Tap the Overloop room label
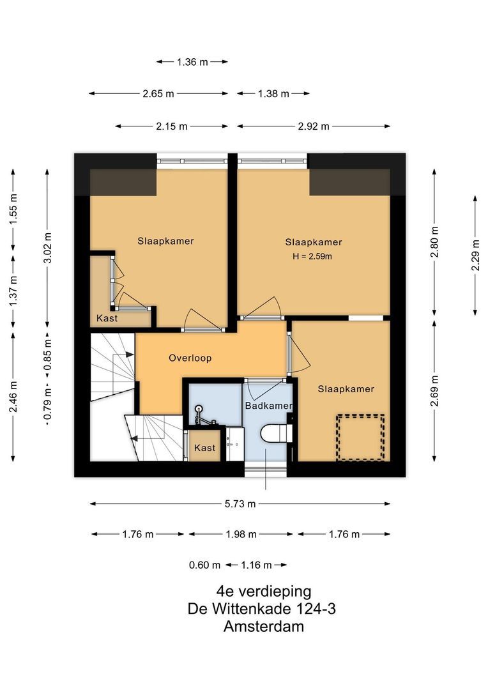pyautogui.click(x=190, y=358)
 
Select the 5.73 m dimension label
pyautogui.click(x=240, y=504)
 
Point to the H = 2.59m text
pyautogui.click(x=313, y=257)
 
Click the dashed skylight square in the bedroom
pyautogui.click(x=360, y=438)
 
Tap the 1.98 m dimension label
pyautogui.click(x=240, y=534)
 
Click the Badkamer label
pyautogui.click(x=268, y=406)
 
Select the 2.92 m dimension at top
pyautogui.click(x=313, y=126)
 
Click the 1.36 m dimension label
pyautogui.click(x=192, y=62)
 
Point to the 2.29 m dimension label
pyautogui.click(x=475, y=255)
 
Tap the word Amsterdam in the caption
pyautogui.click(x=263, y=627)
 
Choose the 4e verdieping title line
pyautogui.click(x=263, y=591)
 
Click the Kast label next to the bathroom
pyautogui.click(x=205, y=448)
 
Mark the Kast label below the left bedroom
pyautogui.click(x=107, y=318)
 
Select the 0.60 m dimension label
pyautogui.click(x=204, y=565)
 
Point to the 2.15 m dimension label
pyautogui.click(x=172, y=126)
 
